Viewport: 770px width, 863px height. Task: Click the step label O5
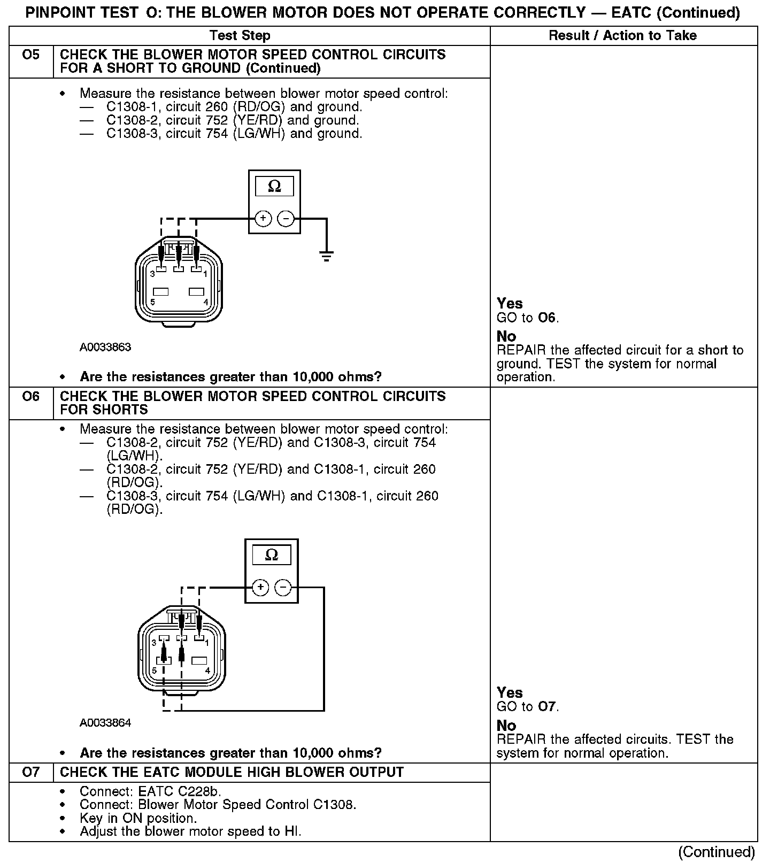pyautogui.click(x=31, y=55)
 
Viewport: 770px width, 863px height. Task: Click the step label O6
pyautogui.click(x=31, y=397)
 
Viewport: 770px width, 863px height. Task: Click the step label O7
pyautogui.click(x=31, y=773)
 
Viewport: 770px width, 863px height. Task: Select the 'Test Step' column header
pyautogui.click(x=240, y=36)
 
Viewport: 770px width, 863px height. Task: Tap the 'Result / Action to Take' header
pyautogui.click(x=623, y=36)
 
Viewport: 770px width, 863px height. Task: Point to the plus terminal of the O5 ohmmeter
pyautogui.click(x=263, y=218)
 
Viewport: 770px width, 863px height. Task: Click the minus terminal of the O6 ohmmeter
pyautogui.click(x=283, y=588)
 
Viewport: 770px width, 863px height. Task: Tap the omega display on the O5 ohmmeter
pyautogui.click(x=274, y=186)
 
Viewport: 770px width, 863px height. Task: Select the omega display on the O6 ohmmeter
pyautogui.click(x=272, y=555)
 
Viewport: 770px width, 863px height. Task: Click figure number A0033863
pyautogui.click(x=105, y=348)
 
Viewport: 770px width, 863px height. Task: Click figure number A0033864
pyautogui.click(x=105, y=723)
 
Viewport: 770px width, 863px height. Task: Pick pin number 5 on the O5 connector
pyautogui.click(x=153, y=302)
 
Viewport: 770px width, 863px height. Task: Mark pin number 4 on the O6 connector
pyautogui.click(x=207, y=671)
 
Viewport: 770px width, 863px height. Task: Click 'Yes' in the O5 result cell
pyautogui.click(x=510, y=304)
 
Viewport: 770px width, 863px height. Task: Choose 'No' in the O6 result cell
pyautogui.click(x=506, y=726)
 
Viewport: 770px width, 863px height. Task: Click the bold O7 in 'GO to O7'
pyautogui.click(x=548, y=707)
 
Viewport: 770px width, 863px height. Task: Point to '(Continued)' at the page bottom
pyautogui.click(x=717, y=852)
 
